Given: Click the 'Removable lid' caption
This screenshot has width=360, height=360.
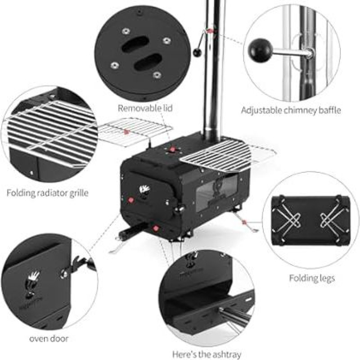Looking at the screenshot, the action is (x=145, y=108).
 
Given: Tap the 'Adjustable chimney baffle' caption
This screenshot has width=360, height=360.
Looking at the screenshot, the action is (x=291, y=110).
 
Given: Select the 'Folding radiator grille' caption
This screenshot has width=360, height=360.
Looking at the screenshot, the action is (x=48, y=193).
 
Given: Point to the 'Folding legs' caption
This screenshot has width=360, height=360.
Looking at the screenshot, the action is (x=312, y=278).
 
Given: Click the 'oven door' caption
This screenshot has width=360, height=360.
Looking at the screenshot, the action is (x=49, y=338).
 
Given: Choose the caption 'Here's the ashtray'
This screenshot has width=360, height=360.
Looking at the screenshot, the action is (x=207, y=354).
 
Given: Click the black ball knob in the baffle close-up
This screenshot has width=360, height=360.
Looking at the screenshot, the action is (x=260, y=50).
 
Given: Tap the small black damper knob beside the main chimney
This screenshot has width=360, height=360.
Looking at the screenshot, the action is (x=197, y=53).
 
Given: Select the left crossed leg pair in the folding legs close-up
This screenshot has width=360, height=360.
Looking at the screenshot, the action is (x=288, y=216).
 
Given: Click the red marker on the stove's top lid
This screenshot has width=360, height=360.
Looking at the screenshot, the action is (x=172, y=150).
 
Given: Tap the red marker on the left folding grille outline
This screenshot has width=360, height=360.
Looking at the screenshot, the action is (x=126, y=132).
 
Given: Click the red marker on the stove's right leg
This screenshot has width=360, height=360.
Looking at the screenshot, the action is (x=244, y=222).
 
